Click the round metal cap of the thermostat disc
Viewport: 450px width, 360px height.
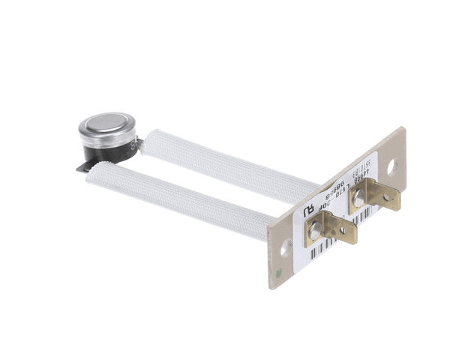(x=106, y=124)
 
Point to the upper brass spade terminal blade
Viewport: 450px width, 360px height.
(x=382, y=196)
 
